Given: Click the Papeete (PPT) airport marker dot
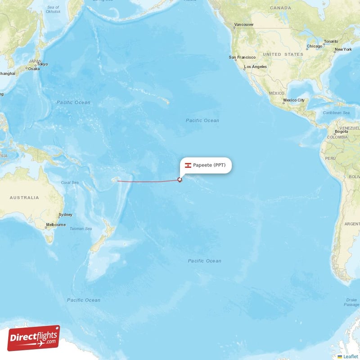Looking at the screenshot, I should [x=180, y=180].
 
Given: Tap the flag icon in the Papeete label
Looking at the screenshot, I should [x=188, y=165].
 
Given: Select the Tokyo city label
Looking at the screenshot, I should [x=42, y=64].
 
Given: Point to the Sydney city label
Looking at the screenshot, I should [x=65, y=215].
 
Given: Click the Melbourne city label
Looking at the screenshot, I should [x=56, y=225].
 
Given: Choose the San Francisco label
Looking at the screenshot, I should [x=242, y=57].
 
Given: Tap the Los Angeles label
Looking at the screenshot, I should [x=255, y=67].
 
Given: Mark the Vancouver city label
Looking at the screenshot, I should [x=244, y=24].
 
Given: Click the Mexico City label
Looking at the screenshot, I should [x=294, y=100].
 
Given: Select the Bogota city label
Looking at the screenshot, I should [x=341, y=131].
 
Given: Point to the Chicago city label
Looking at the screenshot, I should [x=315, y=46].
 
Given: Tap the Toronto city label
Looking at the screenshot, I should [x=331, y=41].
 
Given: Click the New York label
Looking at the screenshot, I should [x=343, y=49].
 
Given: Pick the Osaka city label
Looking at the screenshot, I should [x=34, y=68].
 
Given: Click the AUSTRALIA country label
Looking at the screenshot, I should [x=24, y=198].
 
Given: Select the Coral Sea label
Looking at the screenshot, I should [x=70, y=183].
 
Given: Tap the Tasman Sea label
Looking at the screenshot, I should [x=81, y=229].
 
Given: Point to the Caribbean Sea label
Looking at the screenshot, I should [x=336, y=112].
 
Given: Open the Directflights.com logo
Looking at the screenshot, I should [x=34, y=338].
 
